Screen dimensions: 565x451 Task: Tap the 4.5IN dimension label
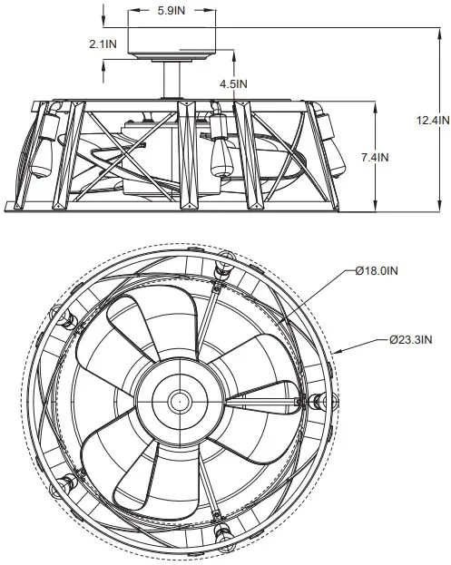tap(233, 83)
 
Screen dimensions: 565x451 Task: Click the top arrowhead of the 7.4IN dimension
tap(377, 102)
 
